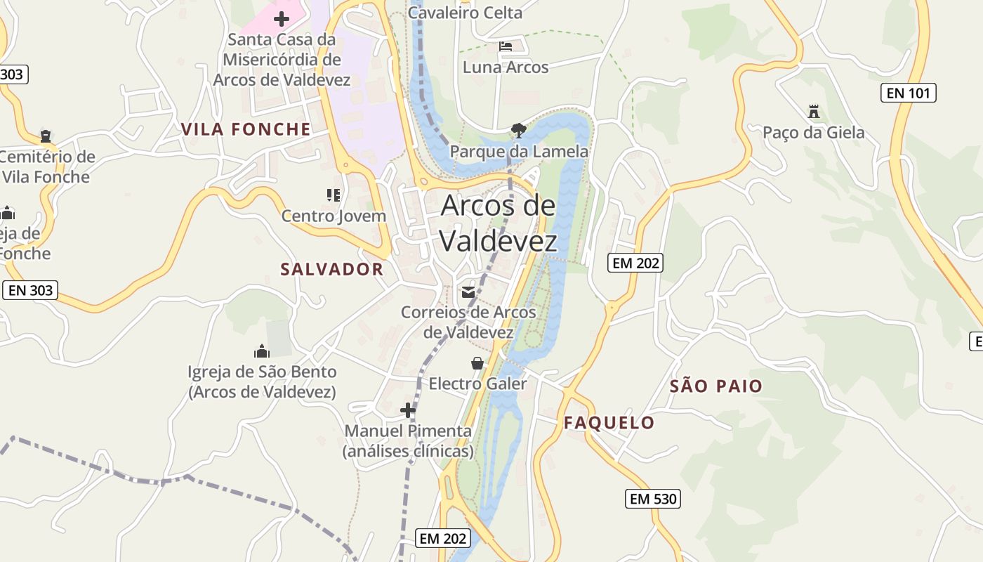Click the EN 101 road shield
pyautogui.click(x=909, y=92)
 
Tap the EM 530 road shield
pyautogui.click(x=653, y=499)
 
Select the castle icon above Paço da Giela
pyautogui.click(x=814, y=111)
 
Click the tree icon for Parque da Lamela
pyautogui.click(x=519, y=130)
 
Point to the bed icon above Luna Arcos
pyautogui.click(x=506, y=47)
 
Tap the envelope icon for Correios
pyautogui.click(x=468, y=292)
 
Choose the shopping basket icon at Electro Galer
pyautogui.click(x=477, y=363)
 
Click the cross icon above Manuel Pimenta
pyautogui.click(x=408, y=410)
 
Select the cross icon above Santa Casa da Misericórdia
pyautogui.click(x=282, y=18)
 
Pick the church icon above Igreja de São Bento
pyautogui.click(x=262, y=351)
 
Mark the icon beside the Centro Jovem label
pyautogui.click(x=334, y=195)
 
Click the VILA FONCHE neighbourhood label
pyautogui.click(x=246, y=129)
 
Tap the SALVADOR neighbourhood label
pyautogui.click(x=332, y=269)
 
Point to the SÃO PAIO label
pyautogui.click(x=715, y=386)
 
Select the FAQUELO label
pyautogui.click(x=609, y=422)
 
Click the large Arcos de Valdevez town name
pyautogui.click(x=499, y=223)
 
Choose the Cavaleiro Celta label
pyautogui.click(x=465, y=13)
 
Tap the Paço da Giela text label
pyautogui.click(x=814, y=133)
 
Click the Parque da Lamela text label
pyautogui.click(x=519, y=151)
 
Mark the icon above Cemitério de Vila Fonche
pyautogui.click(x=46, y=136)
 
